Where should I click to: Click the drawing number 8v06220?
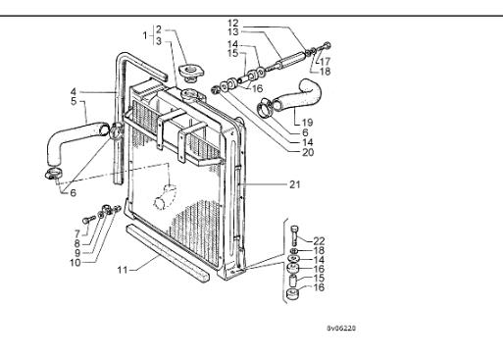[x=341, y=328]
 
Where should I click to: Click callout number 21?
[x=295, y=184]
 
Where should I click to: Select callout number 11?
[x=122, y=270]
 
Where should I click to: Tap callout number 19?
[x=307, y=123]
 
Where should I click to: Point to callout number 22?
[x=319, y=241]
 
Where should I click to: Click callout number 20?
[x=308, y=152]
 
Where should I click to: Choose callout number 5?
[x=74, y=101]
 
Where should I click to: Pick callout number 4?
[x=74, y=92]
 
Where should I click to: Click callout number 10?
[x=75, y=263]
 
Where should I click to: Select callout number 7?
[x=77, y=233]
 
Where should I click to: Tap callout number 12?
[x=233, y=24]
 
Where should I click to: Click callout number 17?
[x=326, y=61]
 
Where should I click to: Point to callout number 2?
[x=159, y=29]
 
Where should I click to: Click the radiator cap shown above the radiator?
[x=191, y=73]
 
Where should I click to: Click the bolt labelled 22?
[x=295, y=235]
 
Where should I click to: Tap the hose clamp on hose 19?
[x=266, y=108]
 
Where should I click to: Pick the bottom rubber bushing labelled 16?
[x=292, y=293]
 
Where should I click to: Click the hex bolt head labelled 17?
[x=327, y=46]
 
